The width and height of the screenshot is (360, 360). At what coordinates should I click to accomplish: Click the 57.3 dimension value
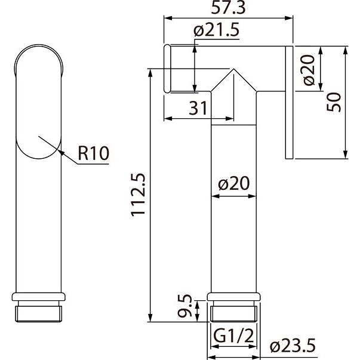tap(228, 7)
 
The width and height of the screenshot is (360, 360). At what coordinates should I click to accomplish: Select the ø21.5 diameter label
tap(216, 30)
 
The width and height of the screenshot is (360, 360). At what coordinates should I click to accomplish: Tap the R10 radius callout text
tap(94, 153)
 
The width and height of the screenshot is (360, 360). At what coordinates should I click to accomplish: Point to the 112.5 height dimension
tap(139, 195)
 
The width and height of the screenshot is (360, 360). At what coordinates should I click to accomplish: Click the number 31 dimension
tap(198, 108)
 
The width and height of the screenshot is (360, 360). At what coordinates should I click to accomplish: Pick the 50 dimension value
tap(334, 102)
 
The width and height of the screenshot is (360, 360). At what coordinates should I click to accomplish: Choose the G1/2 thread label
tap(233, 336)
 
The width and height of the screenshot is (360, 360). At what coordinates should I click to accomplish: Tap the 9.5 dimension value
tap(184, 306)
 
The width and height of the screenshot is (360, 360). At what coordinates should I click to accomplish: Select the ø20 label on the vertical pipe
tap(233, 183)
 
